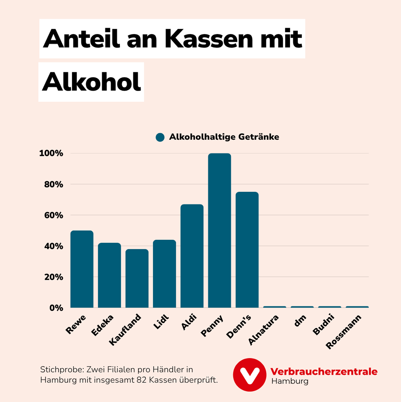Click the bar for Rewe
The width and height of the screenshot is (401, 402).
(82, 269)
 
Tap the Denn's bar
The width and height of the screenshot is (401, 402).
(247, 250)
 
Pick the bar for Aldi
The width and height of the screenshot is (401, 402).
(192, 256)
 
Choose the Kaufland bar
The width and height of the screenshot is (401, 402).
(137, 278)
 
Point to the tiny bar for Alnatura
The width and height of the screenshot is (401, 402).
(275, 307)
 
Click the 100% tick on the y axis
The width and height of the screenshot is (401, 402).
(51, 153)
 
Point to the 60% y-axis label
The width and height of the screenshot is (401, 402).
(54, 215)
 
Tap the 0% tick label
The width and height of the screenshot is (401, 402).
(56, 308)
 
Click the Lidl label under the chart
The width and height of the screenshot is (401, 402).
(162, 322)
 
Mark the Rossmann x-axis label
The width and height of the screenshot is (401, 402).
(343, 332)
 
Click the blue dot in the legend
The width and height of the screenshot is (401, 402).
(160, 137)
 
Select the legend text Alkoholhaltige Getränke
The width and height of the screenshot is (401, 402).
(224, 137)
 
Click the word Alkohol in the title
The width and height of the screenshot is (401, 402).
(92, 82)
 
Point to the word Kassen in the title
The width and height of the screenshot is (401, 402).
(209, 39)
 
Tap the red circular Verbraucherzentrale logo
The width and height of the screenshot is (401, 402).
(250, 375)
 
